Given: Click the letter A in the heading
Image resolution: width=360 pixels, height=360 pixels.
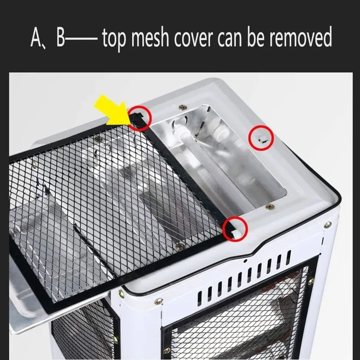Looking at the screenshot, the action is pyautogui.click(x=36, y=38).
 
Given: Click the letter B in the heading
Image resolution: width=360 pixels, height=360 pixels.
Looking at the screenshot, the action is pyautogui.click(x=61, y=38).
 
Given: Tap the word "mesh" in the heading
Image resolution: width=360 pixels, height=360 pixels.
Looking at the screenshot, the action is pyautogui.click(x=150, y=37).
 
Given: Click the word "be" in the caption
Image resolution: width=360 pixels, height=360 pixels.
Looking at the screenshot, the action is pyautogui.click(x=256, y=37).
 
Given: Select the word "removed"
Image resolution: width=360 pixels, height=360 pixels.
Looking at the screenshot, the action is pyautogui.click(x=301, y=37).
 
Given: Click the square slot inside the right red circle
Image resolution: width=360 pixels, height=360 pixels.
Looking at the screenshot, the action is pyautogui.click(x=262, y=139).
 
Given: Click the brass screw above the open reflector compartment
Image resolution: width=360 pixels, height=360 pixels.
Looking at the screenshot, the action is pyautogui.click(x=183, y=107).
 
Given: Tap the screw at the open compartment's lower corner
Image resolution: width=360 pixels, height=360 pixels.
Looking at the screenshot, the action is pyautogui.click(x=270, y=207).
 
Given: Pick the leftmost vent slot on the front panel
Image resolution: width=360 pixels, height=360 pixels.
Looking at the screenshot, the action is pyautogui.click(x=200, y=298).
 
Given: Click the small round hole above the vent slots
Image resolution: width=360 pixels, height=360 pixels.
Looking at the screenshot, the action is pyautogui.click(x=245, y=261).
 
